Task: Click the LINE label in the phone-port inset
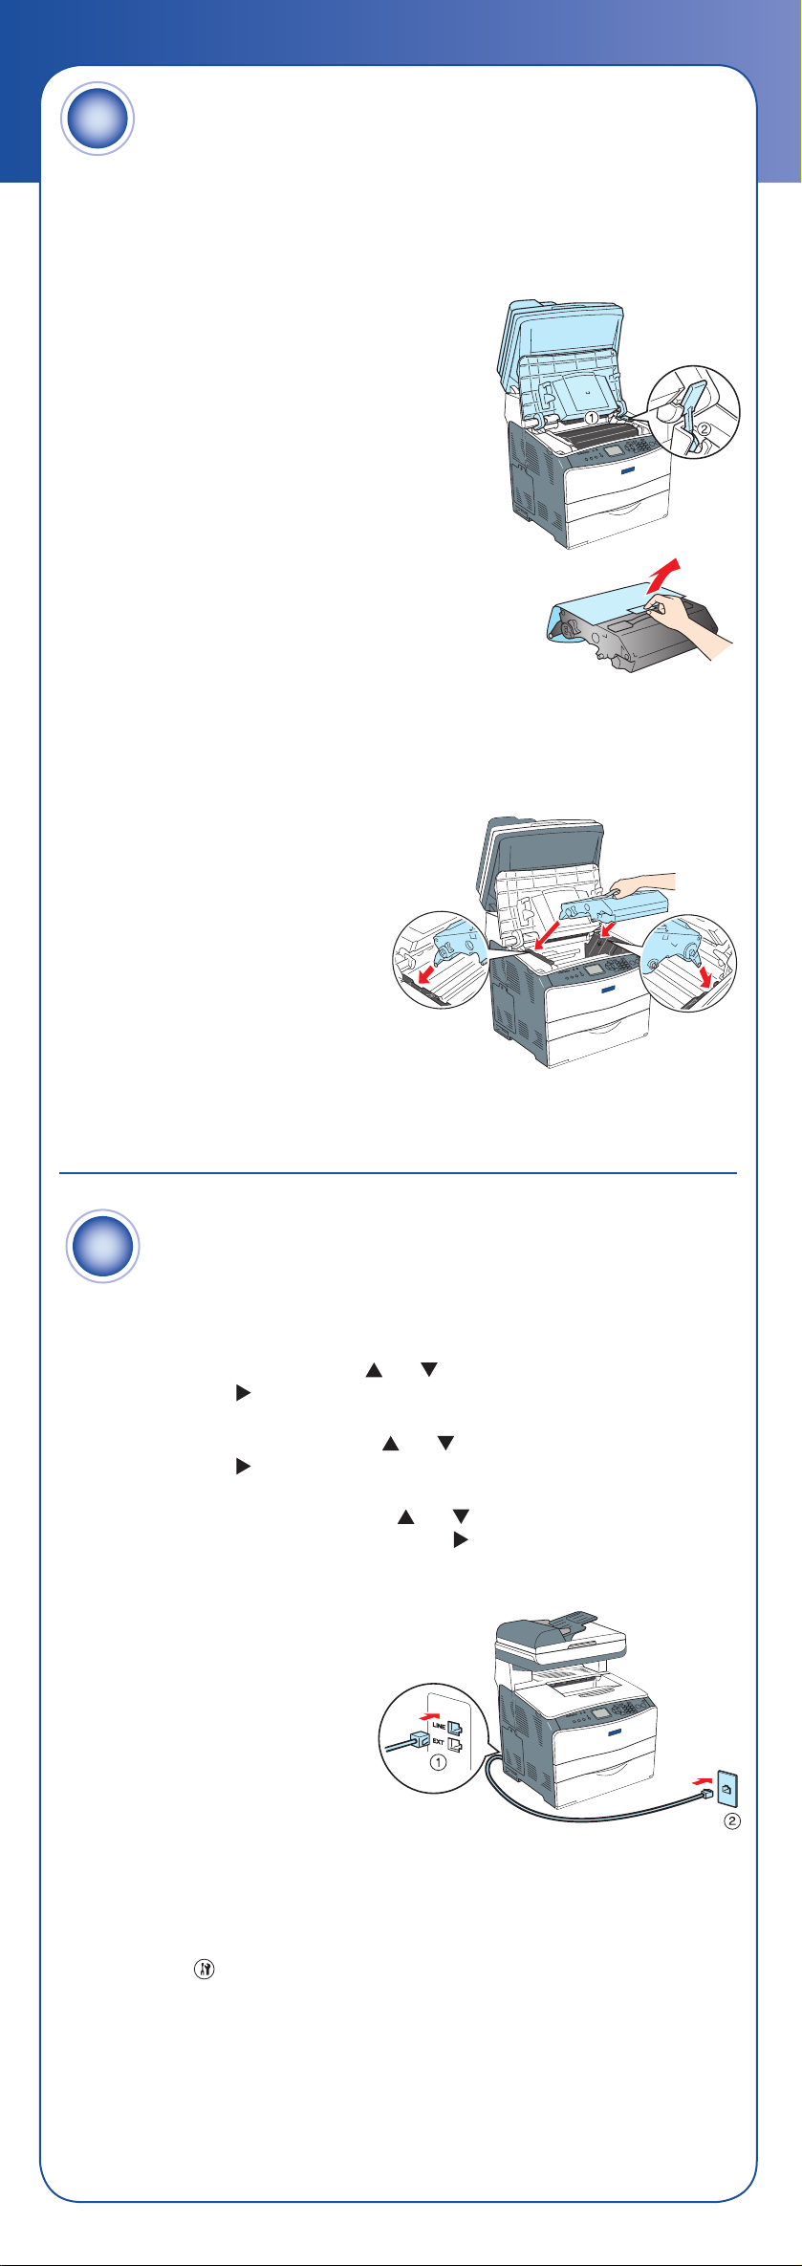(x=438, y=1725)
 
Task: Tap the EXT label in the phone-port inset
(x=438, y=1742)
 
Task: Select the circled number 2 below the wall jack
(x=731, y=1821)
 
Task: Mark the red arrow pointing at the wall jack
(x=702, y=1780)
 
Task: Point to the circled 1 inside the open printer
(x=592, y=418)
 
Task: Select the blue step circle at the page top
(x=98, y=120)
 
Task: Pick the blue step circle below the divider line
(x=103, y=1247)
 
